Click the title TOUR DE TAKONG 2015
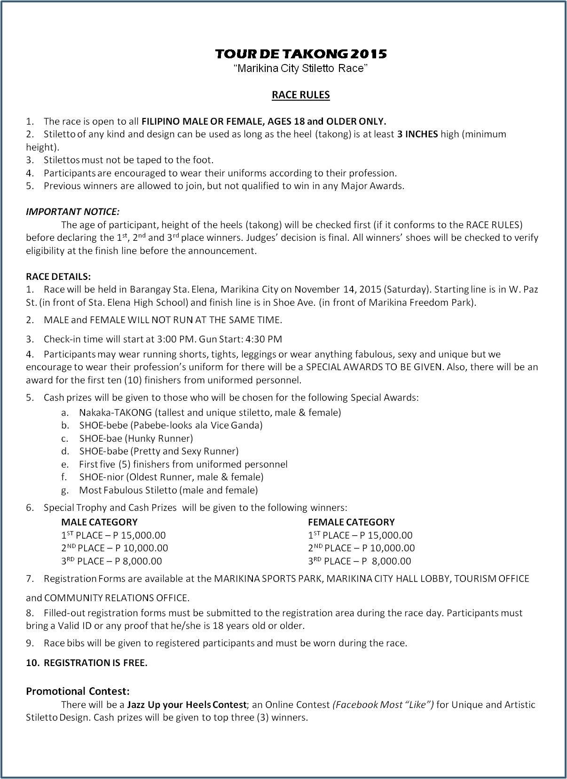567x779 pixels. coord(301,54)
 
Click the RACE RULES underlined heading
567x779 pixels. coord(301,95)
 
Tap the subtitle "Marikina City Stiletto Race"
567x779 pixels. coord(301,69)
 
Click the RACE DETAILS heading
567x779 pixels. coord(58,276)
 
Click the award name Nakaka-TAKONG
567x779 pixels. coord(115,413)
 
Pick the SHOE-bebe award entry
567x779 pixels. coord(171,425)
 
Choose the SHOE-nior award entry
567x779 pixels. coord(171,477)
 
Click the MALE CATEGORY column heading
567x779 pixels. coord(99,522)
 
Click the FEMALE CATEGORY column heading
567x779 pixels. coord(351,522)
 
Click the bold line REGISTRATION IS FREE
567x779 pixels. coord(95,663)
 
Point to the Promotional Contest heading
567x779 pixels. coord(78,691)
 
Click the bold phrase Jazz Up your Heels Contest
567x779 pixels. coord(186,705)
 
